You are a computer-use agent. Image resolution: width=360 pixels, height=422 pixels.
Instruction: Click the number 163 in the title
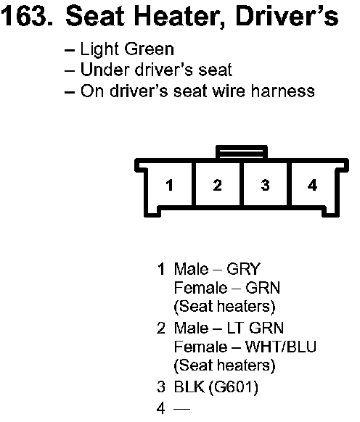point(26,16)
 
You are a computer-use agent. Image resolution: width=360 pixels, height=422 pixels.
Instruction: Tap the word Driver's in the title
point(287,16)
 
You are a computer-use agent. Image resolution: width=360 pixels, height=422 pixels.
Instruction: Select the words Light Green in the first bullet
point(127,49)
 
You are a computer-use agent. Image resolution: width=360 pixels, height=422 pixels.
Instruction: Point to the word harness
point(282,91)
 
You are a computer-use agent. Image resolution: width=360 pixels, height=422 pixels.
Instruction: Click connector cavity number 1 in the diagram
point(170,185)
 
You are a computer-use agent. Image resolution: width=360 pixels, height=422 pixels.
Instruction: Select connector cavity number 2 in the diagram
point(217,185)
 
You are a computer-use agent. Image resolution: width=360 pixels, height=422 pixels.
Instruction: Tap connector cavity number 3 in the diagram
point(266,185)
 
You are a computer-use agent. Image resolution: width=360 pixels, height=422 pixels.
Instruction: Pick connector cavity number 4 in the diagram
point(313,185)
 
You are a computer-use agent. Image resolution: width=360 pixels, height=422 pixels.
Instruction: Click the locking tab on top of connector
point(242,152)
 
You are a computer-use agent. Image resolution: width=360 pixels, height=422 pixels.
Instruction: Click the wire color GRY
point(243,269)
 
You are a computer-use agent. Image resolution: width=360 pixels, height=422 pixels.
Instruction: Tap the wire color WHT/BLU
point(280,347)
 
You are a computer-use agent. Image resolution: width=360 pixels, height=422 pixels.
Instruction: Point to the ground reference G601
point(234,387)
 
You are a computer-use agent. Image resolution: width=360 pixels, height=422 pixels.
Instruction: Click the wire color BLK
point(189,386)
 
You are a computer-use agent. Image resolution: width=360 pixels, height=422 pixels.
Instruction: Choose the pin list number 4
point(161,408)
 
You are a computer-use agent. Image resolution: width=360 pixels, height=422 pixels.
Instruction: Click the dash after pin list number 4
point(182,408)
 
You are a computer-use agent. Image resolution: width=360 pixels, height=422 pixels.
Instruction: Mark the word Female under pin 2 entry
point(201,347)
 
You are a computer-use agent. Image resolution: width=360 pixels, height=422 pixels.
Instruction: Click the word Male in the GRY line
point(192,269)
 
